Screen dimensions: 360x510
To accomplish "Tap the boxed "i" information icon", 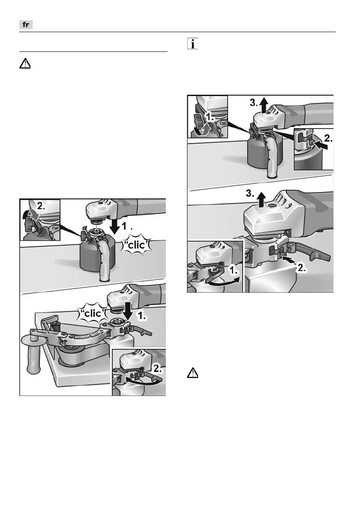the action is tap(193, 44).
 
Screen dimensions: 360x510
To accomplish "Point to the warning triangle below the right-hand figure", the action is tap(193, 373).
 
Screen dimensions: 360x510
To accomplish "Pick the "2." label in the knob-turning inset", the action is tap(40, 206).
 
